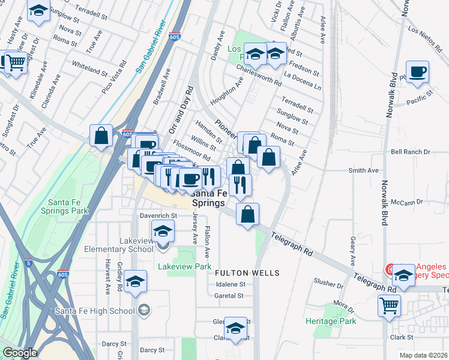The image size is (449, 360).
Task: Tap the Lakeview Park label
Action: (x=184, y=266)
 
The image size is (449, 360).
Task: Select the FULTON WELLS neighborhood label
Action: (x=247, y=273)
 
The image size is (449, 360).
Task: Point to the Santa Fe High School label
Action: (x=94, y=310)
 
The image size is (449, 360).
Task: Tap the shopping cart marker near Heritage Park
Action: (x=389, y=305)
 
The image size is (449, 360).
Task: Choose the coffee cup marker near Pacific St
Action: (x=418, y=71)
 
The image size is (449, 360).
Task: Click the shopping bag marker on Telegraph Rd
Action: (x=248, y=213)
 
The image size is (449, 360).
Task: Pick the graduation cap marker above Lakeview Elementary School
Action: (x=163, y=230)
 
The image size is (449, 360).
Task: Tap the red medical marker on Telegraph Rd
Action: (x=390, y=270)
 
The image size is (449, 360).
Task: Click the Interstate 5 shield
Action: (x=28, y=263)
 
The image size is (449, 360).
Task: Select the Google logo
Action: (x=20, y=353)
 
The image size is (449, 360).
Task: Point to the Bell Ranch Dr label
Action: (x=411, y=152)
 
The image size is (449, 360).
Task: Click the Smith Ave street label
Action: (x=363, y=170)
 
